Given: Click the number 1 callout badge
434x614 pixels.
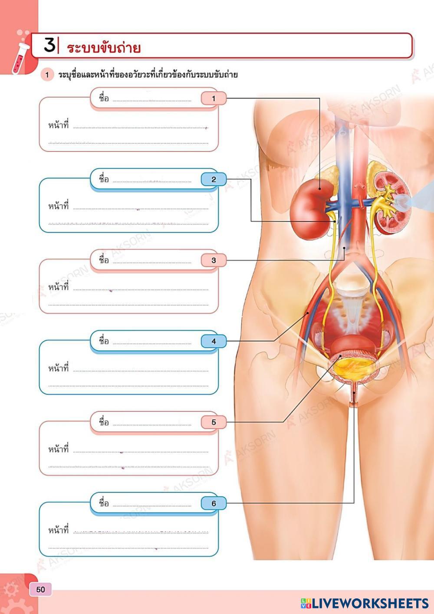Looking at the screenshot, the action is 214,99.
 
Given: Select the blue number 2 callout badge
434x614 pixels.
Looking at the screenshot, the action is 214,179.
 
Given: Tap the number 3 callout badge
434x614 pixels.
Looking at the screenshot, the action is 214,260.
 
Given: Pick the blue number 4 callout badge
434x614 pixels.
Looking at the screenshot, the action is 214,341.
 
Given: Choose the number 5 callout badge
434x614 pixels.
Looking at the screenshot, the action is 214,422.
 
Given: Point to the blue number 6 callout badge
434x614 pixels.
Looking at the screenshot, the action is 214,503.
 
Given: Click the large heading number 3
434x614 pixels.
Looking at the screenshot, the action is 50,45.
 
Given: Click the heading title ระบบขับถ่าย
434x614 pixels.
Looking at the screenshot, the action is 104,47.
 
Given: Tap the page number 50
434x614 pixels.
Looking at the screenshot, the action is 40,589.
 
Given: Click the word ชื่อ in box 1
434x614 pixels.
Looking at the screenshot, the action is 104,98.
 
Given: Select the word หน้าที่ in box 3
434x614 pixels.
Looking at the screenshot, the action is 59,287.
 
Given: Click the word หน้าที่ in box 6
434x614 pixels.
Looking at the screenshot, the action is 59,530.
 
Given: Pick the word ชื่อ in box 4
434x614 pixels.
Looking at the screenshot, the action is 104,341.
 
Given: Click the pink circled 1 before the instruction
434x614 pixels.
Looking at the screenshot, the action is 47,75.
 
